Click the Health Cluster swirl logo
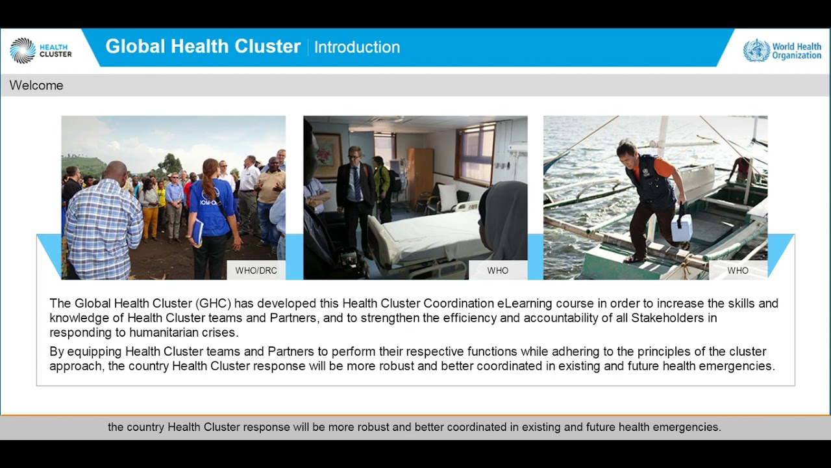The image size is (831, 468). coord(23,50)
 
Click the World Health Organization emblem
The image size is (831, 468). coord(756,50)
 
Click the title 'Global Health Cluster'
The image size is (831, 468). coord(203,47)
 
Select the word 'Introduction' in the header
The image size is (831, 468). coord(357,47)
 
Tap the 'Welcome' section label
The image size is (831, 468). coord(36,85)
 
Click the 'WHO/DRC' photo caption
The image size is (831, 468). coord(256,270)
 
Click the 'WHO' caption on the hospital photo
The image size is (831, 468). coord(498,270)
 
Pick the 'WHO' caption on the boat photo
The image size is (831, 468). coord(738,270)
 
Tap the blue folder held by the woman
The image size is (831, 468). coord(197,231)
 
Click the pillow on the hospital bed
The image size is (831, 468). coord(447,196)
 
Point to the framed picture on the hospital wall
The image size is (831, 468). coord(327,156)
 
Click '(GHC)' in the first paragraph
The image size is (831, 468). coord(214,304)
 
